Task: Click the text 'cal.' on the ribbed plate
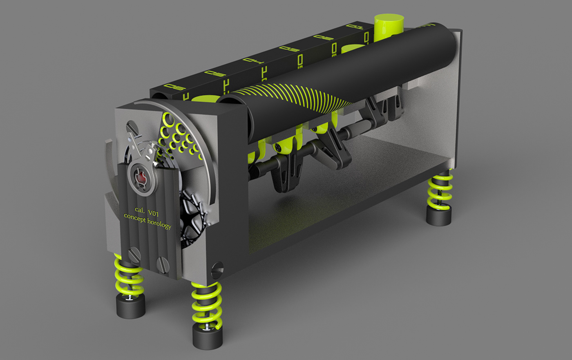(140, 210)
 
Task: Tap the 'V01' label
(154, 213)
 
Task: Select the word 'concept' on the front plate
(134, 218)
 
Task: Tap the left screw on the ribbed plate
(134, 256)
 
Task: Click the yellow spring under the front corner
(207, 304)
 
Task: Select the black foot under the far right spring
(438, 215)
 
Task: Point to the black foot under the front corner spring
(208, 338)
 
